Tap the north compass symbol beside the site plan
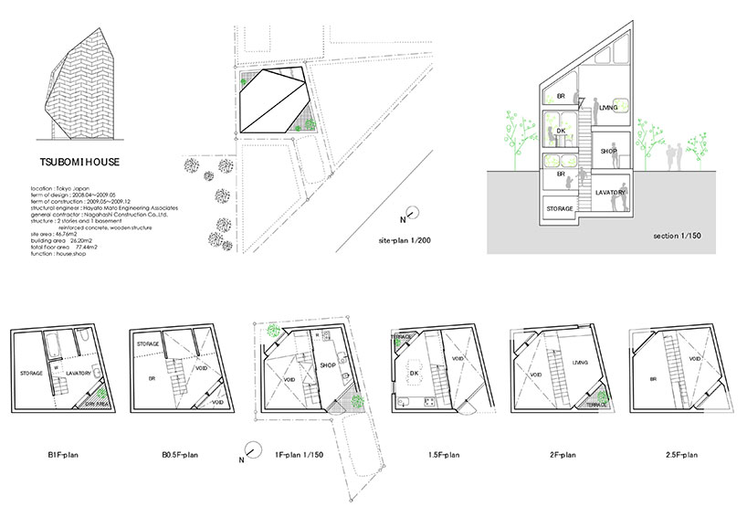(x=410, y=216)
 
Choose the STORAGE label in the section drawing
(x=561, y=208)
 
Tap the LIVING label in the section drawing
(x=609, y=108)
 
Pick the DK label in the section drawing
(x=562, y=132)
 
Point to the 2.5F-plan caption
(x=680, y=453)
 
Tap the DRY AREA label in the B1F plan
(x=98, y=403)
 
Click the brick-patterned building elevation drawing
(x=79, y=85)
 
